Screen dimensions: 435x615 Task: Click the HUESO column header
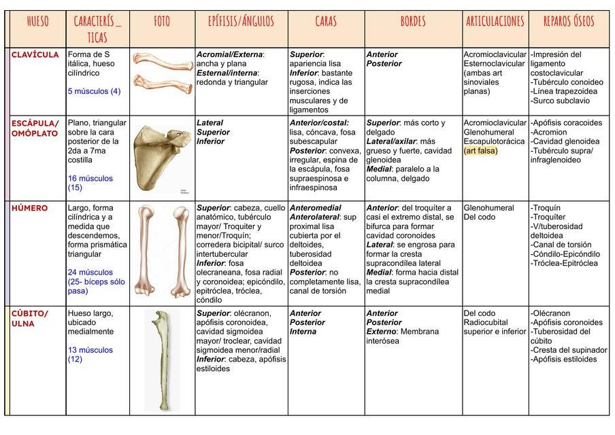tap(37, 22)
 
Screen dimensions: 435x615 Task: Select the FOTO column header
tap(162, 22)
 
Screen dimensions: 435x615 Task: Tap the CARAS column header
tap(326, 22)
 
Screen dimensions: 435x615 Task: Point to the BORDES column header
tap(413, 22)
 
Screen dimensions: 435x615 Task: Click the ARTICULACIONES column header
tap(495, 22)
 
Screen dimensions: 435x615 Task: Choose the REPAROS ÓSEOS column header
tap(569, 22)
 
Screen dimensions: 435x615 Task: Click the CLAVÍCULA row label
tap(35, 55)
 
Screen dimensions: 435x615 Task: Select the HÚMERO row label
tap(29, 209)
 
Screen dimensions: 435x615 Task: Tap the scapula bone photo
tap(162, 158)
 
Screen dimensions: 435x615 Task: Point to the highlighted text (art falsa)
tap(480, 151)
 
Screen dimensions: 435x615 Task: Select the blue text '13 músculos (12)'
tap(90, 355)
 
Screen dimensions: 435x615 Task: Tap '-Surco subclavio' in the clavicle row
tap(562, 101)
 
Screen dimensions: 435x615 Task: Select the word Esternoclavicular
tap(495, 64)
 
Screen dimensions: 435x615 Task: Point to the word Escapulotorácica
tap(494, 141)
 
